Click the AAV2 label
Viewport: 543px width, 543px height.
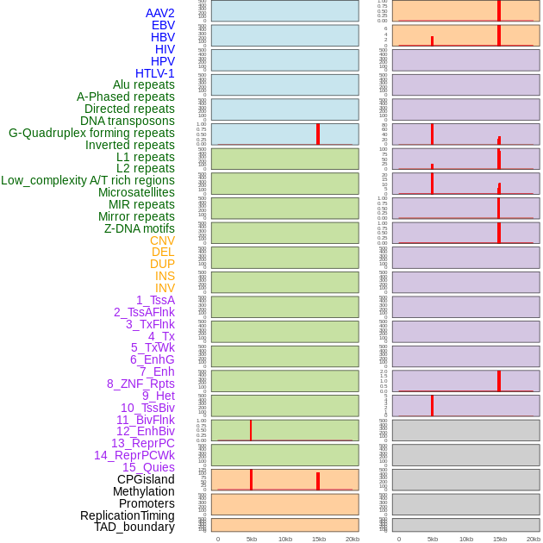click(159, 13)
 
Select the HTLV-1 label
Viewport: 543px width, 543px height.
click(154, 73)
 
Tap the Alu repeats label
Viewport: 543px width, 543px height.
click(143, 85)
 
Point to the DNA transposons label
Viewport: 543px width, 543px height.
click(127, 121)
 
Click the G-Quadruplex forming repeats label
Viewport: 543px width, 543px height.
click(91, 133)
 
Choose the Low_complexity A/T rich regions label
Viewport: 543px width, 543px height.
click(87, 180)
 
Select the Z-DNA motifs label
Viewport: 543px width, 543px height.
click(139, 228)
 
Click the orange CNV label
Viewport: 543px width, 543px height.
click(162, 240)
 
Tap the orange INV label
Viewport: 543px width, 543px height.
click(165, 288)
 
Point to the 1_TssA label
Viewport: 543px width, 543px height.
click(155, 300)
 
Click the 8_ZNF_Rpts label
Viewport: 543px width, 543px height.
click(140, 384)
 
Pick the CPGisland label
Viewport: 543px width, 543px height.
click(146, 479)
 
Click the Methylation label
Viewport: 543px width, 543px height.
click(143, 491)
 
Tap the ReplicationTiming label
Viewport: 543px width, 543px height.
click(127, 515)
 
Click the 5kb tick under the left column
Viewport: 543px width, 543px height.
click(252, 539)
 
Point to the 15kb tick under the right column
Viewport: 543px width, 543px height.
click(500, 539)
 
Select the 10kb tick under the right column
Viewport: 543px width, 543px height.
click(466, 539)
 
